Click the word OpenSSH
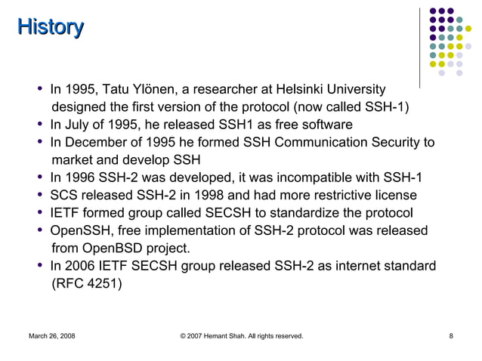[79, 231]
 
